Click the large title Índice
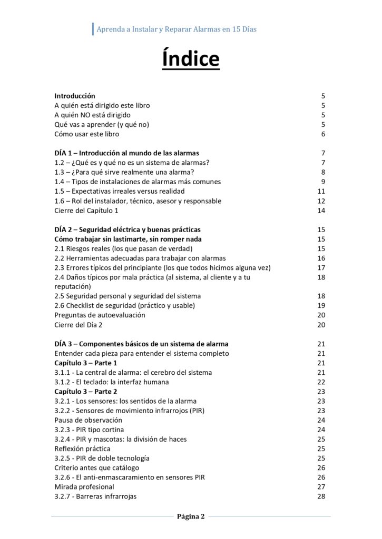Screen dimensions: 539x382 [x=191, y=58]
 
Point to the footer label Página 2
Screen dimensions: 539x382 [x=191, y=516]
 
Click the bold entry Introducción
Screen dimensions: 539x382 [x=75, y=96]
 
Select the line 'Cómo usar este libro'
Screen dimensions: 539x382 [x=87, y=134]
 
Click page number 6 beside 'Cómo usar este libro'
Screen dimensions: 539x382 [x=323, y=134]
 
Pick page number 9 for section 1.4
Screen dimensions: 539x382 [x=323, y=182]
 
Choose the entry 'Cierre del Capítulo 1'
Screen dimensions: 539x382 [x=86, y=211]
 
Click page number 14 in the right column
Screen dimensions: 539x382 [x=321, y=211]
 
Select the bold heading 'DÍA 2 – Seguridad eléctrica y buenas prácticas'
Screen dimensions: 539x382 [x=128, y=229]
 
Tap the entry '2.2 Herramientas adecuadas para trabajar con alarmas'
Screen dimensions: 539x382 [x=140, y=258]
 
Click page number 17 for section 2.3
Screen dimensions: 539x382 [x=321, y=267]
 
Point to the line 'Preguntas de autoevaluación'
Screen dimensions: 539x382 [x=100, y=315]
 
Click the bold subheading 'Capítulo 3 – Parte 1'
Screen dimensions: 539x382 [x=86, y=363]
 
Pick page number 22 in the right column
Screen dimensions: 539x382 [x=321, y=382]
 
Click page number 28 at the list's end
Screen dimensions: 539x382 [x=321, y=496]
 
